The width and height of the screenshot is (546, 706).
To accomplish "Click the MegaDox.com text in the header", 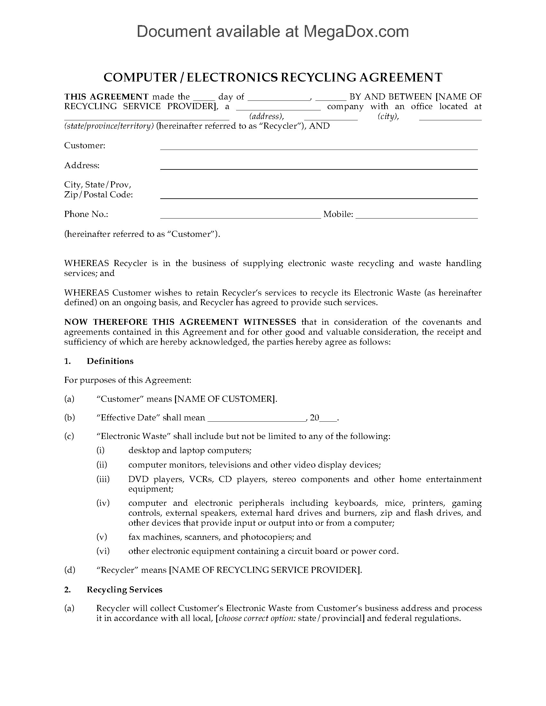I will coord(356,32).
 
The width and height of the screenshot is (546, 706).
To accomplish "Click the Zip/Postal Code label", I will coord(98,194).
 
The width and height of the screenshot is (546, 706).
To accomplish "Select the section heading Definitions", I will coord(110,361).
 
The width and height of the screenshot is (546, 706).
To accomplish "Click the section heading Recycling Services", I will coord(125,590).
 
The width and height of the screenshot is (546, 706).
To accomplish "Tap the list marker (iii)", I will coord(103,479).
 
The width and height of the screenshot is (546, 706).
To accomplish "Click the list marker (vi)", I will coord(103,551).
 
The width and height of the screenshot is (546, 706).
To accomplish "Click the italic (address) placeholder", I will coord(267,116).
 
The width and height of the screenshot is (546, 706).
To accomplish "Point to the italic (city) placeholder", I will coord(388,116).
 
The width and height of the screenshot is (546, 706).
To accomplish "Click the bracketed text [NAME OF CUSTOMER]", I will coord(225,399).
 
